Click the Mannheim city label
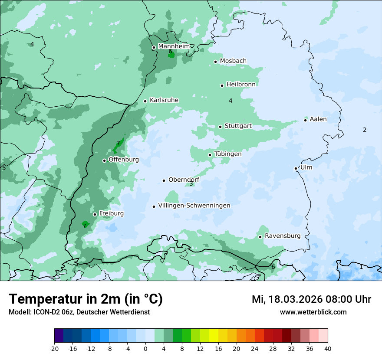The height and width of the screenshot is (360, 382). (x=174, y=46)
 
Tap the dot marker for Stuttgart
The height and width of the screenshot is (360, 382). (x=220, y=127)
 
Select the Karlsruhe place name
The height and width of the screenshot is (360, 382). (x=164, y=100)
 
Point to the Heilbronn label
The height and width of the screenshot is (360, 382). (x=240, y=84)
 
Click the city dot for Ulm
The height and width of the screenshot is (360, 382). (x=296, y=168)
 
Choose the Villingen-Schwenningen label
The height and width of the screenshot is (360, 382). (x=194, y=206)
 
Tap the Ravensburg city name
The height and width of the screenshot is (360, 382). (x=282, y=236)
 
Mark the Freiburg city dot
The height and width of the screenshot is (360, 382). (x=95, y=214)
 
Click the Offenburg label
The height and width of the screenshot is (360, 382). (x=123, y=160)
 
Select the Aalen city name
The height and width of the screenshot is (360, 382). (x=318, y=119)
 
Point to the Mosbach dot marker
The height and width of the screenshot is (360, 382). (x=215, y=62)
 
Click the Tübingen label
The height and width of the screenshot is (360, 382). (x=227, y=154)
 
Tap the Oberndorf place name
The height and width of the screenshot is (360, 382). (x=184, y=180)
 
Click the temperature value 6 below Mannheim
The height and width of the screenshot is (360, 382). (x=170, y=52)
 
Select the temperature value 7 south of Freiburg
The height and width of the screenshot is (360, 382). (x=84, y=226)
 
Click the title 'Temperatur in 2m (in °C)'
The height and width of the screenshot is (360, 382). (x=86, y=299)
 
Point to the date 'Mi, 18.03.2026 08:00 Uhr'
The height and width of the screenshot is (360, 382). (x=311, y=299)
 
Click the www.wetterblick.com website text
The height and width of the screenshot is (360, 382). (x=313, y=312)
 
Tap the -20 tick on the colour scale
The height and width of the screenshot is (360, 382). (x=54, y=348)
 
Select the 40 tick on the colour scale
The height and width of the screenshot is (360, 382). (x=328, y=348)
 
